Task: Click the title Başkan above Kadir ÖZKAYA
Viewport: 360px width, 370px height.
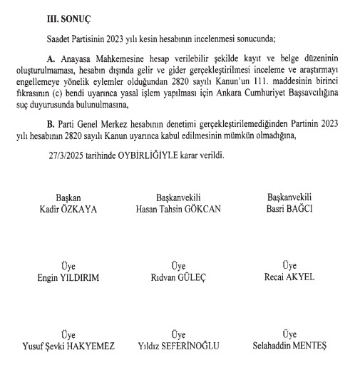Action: pyautogui.click(x=69, y=197)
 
